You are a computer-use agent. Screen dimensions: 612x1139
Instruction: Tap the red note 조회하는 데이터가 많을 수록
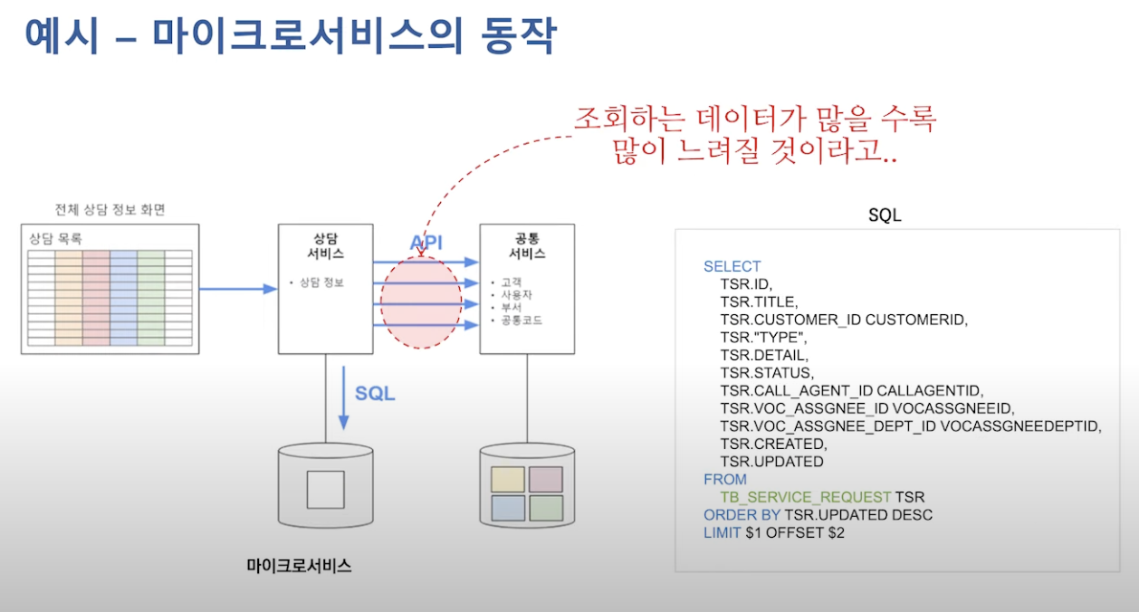click(754, 119)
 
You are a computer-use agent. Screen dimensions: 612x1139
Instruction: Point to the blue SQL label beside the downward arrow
click(375, 393)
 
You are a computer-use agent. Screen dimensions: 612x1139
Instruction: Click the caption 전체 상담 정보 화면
click(110, 210)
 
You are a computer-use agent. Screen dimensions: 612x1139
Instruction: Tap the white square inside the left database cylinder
click(325, 489)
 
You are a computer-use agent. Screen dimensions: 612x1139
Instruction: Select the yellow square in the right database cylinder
click(507, 479)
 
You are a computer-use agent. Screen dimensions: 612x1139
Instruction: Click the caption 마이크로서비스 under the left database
click(299, 566)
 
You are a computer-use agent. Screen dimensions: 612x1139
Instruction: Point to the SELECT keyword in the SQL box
click(732, 266)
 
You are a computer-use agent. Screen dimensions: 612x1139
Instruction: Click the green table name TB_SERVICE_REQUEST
click(805, 497)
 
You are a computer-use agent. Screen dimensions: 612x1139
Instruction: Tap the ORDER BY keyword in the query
click(742, 515)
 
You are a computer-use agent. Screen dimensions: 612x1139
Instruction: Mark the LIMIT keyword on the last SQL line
click(722, 532)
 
